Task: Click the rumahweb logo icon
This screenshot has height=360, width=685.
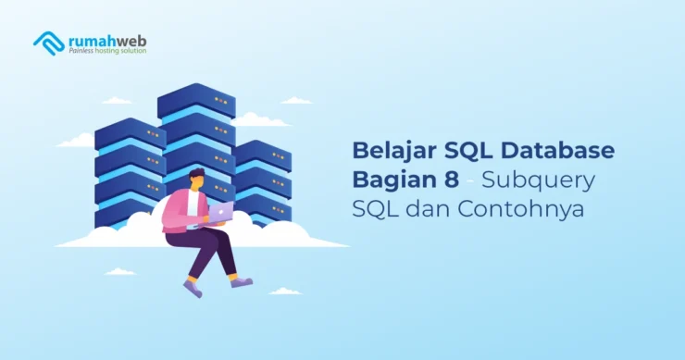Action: click(48, 43)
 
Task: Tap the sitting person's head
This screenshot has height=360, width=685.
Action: click(197, 180)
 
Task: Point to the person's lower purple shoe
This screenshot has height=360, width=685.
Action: click(193, 288)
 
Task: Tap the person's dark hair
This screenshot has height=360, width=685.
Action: click(195, 174)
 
